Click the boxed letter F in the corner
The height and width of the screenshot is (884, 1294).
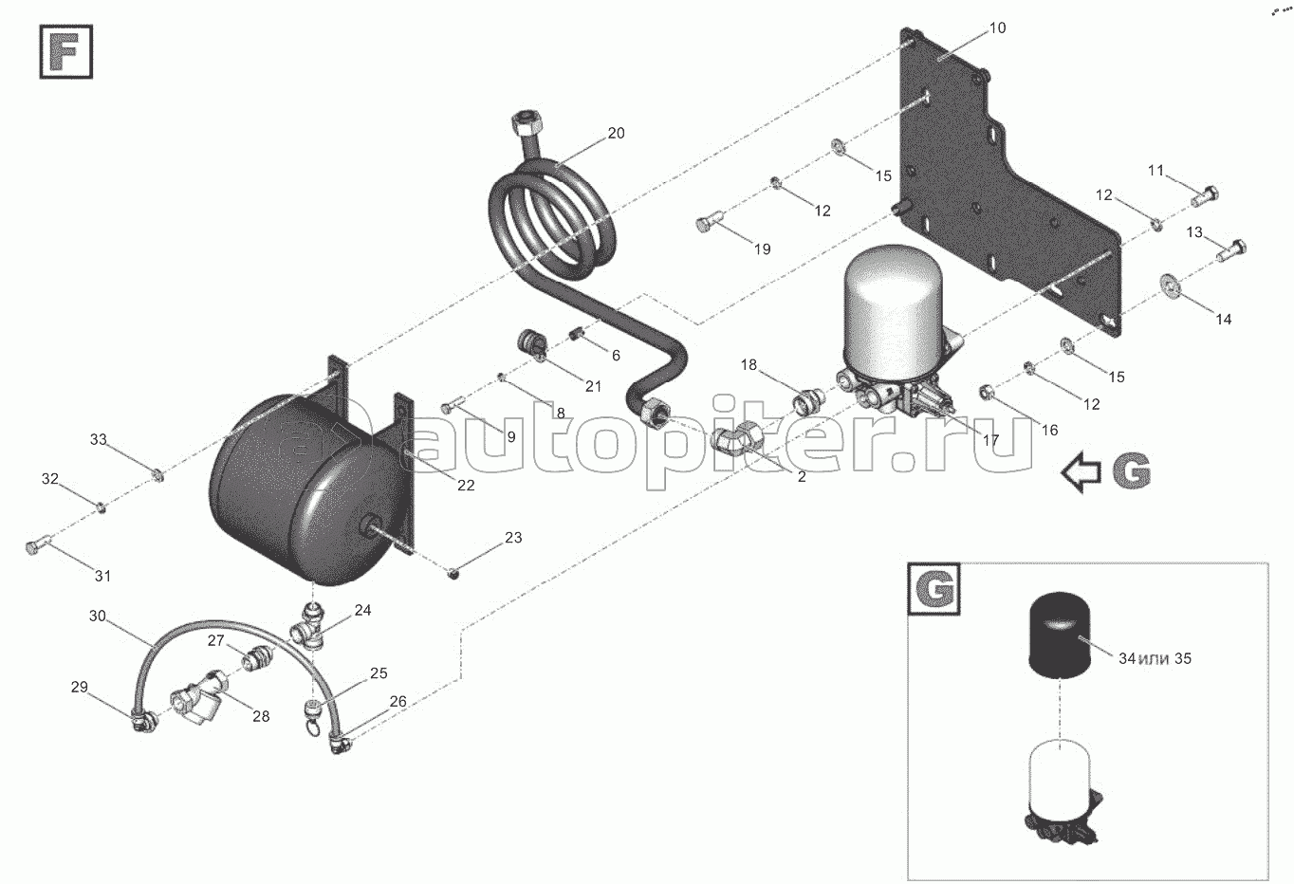click(65, 51)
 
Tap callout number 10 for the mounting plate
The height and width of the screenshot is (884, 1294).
click(998, 28)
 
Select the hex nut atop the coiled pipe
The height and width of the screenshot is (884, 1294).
click(526, 123)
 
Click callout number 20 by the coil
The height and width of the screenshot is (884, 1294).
click(616, 133)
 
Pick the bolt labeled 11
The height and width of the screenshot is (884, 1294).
click(1205, 197)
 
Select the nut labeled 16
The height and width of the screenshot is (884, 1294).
click(988, 394)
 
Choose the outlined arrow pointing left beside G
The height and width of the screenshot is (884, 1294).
click(1081, 472)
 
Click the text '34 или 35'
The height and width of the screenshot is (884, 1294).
click(1155, 658)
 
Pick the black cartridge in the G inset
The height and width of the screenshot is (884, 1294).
click(1060, 634)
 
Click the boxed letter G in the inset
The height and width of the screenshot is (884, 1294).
click(934, 589)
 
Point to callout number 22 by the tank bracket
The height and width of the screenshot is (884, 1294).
click(466, 486)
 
